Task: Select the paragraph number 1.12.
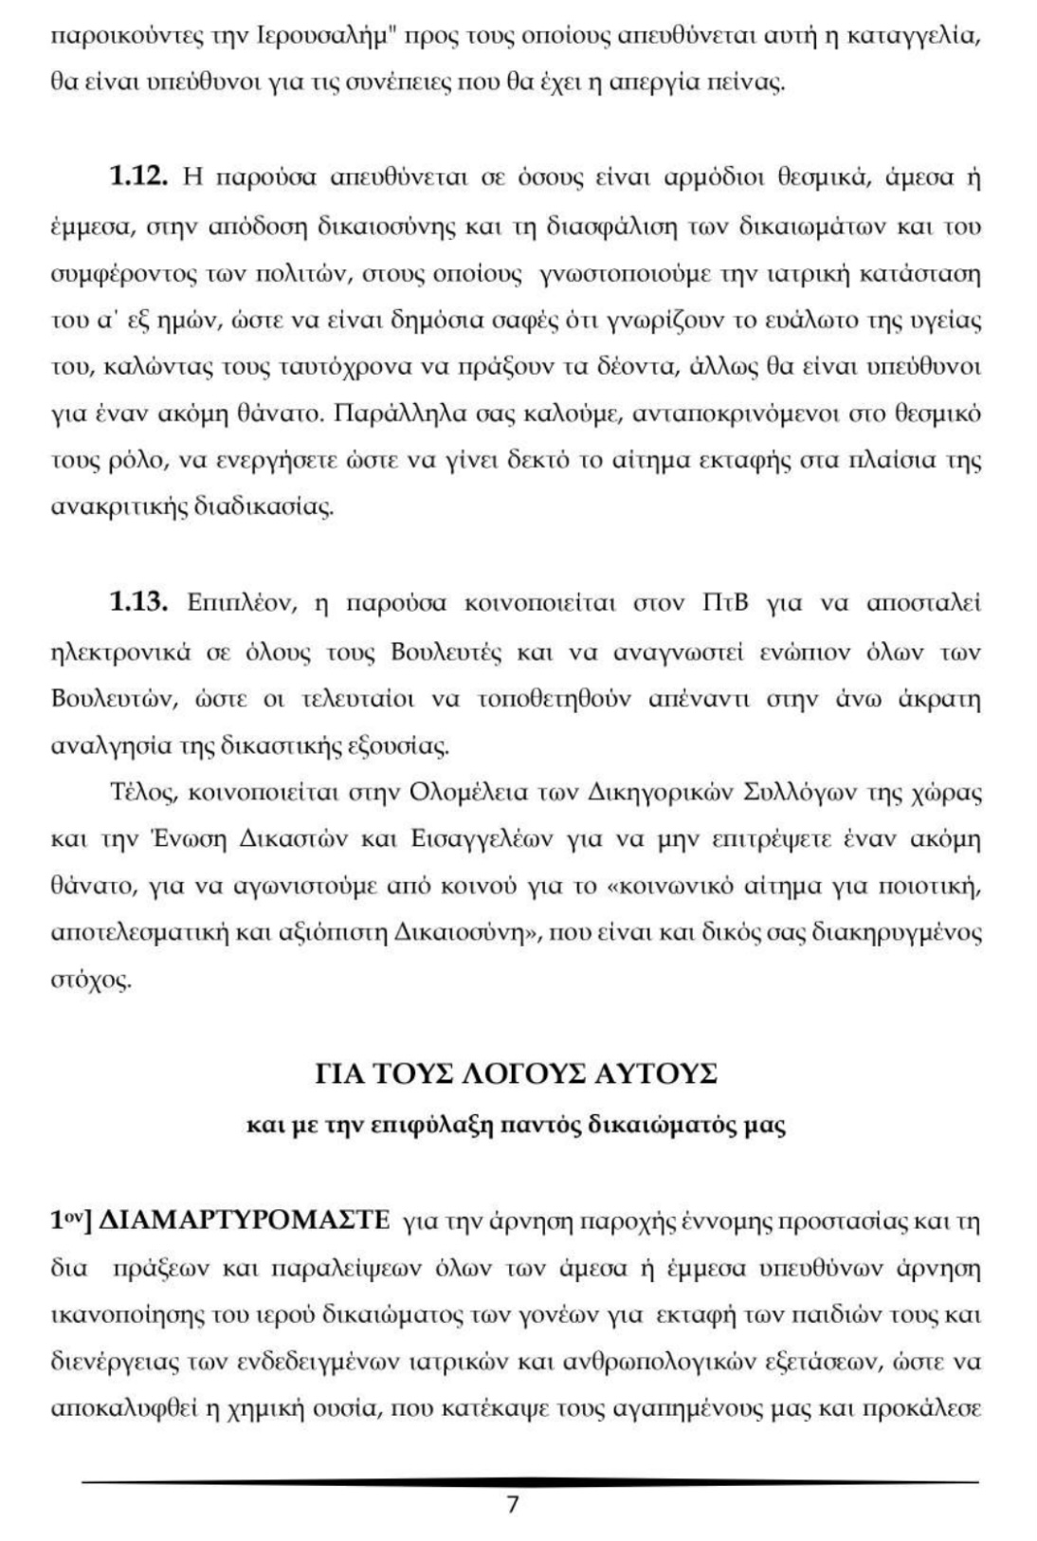tap(140, 177)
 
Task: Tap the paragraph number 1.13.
tap(140, 603)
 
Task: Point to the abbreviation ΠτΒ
tap(726, 604)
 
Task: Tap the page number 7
tap(513, 1504)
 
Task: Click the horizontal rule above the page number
tap(531, 1481)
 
